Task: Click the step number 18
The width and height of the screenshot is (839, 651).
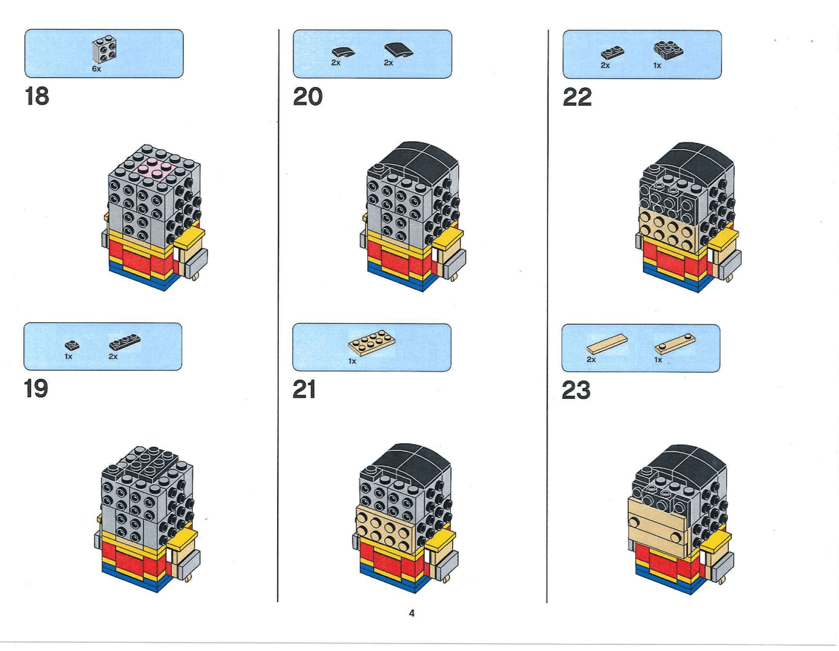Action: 37,96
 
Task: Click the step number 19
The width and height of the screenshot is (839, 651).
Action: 36,388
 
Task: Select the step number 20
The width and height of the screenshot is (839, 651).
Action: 307,97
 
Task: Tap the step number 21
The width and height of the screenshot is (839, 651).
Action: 304,389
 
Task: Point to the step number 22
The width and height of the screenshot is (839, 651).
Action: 577,97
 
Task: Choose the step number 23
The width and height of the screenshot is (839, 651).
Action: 576,390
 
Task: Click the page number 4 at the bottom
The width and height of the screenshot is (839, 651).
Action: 411,613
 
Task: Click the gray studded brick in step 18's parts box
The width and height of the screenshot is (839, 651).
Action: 104,50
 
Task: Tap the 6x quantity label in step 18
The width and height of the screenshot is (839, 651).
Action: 96,69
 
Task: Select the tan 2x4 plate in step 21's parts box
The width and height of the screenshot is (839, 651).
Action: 372,343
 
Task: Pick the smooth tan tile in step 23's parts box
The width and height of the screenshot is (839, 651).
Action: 606,344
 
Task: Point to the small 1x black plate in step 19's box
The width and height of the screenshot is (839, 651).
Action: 72,345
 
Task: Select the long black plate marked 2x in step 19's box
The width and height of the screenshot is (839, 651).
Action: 124,343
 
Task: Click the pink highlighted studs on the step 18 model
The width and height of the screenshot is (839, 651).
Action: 155,168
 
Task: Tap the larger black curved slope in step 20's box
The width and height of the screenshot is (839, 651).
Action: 399,50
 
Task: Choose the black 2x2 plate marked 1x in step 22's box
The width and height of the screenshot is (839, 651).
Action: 668,50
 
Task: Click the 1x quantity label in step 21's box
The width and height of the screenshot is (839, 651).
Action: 352,361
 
